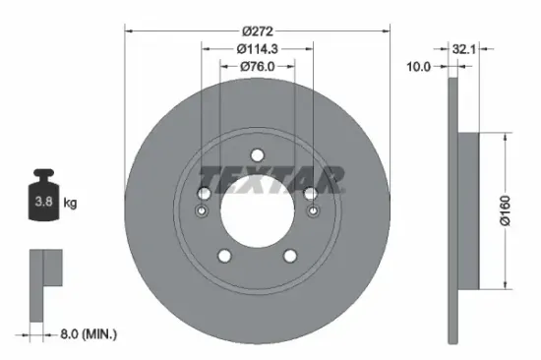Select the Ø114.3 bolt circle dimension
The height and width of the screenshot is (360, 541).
[257, 47]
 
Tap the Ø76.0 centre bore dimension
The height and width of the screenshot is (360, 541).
[257, 66]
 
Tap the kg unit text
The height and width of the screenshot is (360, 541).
[70, 204]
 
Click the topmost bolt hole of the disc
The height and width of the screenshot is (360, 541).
[257, 155]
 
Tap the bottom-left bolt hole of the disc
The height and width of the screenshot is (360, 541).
[224, 256]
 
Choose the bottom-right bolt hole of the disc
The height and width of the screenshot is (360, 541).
[290, 256]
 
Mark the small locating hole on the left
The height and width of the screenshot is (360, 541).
[203, 211]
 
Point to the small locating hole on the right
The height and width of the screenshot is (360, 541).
[313, 211]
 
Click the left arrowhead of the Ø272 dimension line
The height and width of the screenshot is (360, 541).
[127, 29]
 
